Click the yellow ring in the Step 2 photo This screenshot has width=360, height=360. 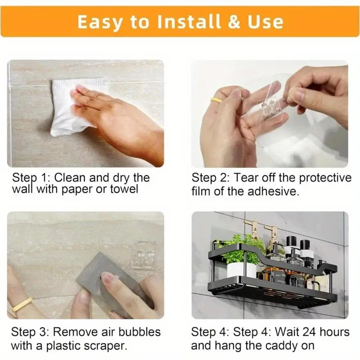pos(216,100)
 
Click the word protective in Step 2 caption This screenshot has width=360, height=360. pos(325,178)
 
